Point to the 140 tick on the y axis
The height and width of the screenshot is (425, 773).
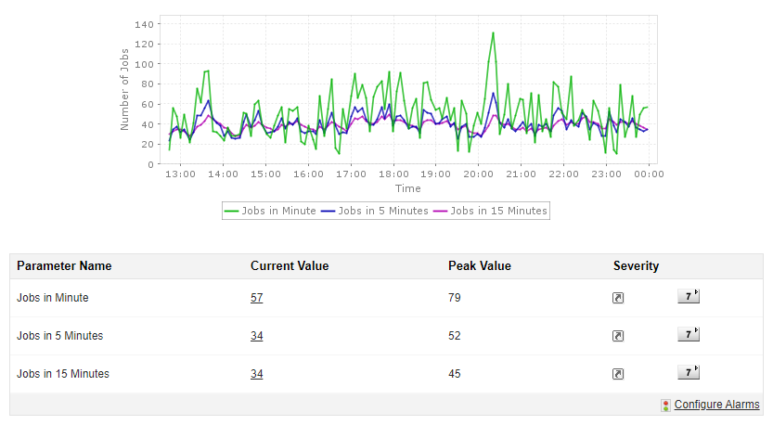coord(143,24)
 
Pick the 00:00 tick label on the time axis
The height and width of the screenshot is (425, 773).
coord(648,174)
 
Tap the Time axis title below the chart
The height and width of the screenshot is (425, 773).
coord(407,188)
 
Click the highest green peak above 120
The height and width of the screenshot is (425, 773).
coord(493,33)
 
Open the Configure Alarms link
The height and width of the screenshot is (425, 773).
coord(716,405)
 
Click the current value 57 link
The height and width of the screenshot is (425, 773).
coord(257,298)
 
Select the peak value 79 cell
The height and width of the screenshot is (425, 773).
coord(455,298)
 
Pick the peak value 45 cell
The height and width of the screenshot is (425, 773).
coord(455,374)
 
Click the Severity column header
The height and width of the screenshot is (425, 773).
coord(636,266)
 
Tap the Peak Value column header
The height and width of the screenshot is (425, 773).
coord(479,266)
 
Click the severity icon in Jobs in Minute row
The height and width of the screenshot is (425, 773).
coord(618,298)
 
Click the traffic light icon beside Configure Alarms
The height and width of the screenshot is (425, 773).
coord(665,406)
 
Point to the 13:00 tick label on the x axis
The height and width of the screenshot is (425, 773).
coord(180,174)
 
